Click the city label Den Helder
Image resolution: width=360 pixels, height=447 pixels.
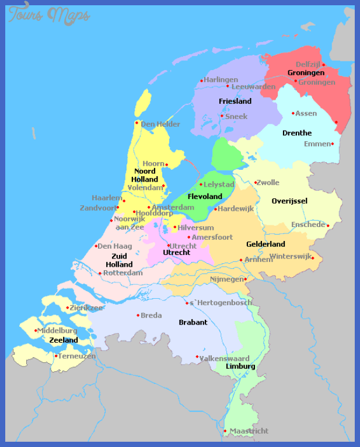click(160, 124)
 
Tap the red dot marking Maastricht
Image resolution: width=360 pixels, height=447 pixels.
click(225, 431)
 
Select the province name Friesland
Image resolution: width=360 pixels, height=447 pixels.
click(235, 101)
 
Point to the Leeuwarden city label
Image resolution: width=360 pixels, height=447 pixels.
click(253, 86)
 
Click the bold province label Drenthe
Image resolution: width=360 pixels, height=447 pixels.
click(297, 133)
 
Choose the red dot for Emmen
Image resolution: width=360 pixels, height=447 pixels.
click(333, 144)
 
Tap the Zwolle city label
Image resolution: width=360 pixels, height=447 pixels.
click(268, 182)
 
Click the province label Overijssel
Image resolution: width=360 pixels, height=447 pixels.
click(289, 201)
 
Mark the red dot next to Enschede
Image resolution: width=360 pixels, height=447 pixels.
click(328, 225)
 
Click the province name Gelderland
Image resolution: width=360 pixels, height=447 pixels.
click(265, 244)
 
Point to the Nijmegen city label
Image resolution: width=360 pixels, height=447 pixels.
click(226, 279)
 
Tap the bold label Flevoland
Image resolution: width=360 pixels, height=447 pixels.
click(205, 197)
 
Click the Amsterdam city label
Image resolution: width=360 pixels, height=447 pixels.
click(173, 207)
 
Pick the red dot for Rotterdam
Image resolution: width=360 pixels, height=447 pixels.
click(100, 273)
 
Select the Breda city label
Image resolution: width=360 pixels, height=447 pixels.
click(151, 315)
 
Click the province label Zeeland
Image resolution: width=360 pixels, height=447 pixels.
click(64, 340)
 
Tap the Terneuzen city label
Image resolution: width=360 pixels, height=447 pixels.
click(77, 355)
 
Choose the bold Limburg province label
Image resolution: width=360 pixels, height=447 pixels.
click(240, 366)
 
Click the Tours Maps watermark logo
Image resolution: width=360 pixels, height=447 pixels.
click(49, 15)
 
